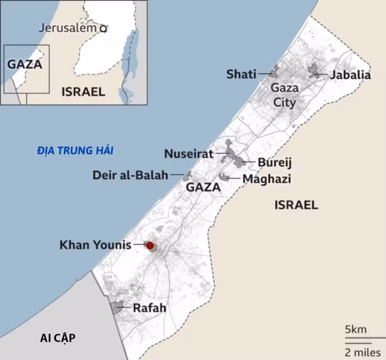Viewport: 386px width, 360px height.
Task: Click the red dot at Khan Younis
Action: [x=150, y=246]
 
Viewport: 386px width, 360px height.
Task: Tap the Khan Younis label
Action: [x=95, y=245]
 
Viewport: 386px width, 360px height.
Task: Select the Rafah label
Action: [x=149, y=308]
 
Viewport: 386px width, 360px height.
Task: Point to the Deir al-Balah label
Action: [x=130, y=175]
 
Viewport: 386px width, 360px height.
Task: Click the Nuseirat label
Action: [x=189, y=154]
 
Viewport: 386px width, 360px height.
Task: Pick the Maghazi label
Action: [x=267, y=178]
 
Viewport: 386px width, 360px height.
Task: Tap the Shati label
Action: [x=241, y=75]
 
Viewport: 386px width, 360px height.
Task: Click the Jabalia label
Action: [x=350, y=75]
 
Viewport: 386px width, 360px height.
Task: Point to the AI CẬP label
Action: [x=57, y=338]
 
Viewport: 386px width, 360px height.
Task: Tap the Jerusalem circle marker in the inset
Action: [x=103, y=29]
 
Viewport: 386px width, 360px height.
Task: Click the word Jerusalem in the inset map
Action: [x=68, y=28]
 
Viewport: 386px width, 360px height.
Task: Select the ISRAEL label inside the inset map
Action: [x=83, y=91]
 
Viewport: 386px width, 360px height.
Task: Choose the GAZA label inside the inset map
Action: [x=25, y=65]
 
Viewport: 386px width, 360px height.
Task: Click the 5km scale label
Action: [x=356, y=330]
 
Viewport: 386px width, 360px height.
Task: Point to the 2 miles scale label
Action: [x=362, y=352]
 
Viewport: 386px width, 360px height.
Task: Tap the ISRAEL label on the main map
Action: [x=296, y=205]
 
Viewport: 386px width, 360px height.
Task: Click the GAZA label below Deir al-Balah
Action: [x=203, y=187]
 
